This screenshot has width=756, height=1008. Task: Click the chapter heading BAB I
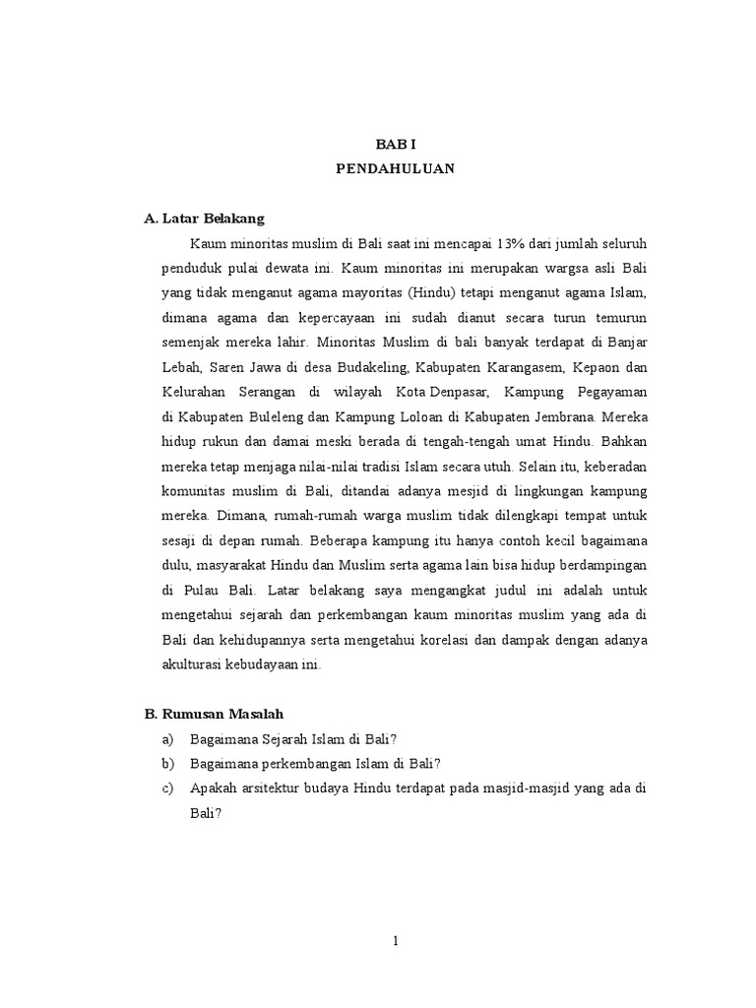tap(395, 144)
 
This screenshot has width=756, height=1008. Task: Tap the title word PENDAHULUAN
tap(395, 168)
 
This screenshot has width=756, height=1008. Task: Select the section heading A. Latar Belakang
tap(204, 218)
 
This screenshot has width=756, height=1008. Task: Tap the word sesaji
tap(180, 540)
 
